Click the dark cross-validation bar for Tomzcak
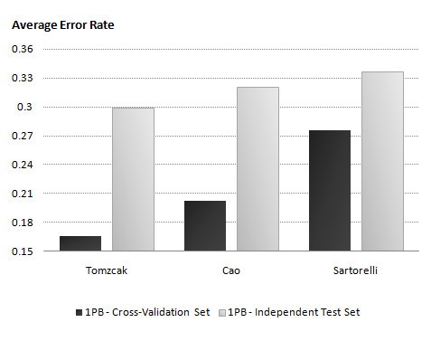coord(80,243)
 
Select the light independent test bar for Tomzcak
coord(133,179)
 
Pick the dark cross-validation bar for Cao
coord(204,226)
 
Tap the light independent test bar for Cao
coord(258,169)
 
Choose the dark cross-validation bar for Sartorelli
coord(329,191)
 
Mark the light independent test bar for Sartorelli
coord(382,161)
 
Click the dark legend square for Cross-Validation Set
coord(79,312)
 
